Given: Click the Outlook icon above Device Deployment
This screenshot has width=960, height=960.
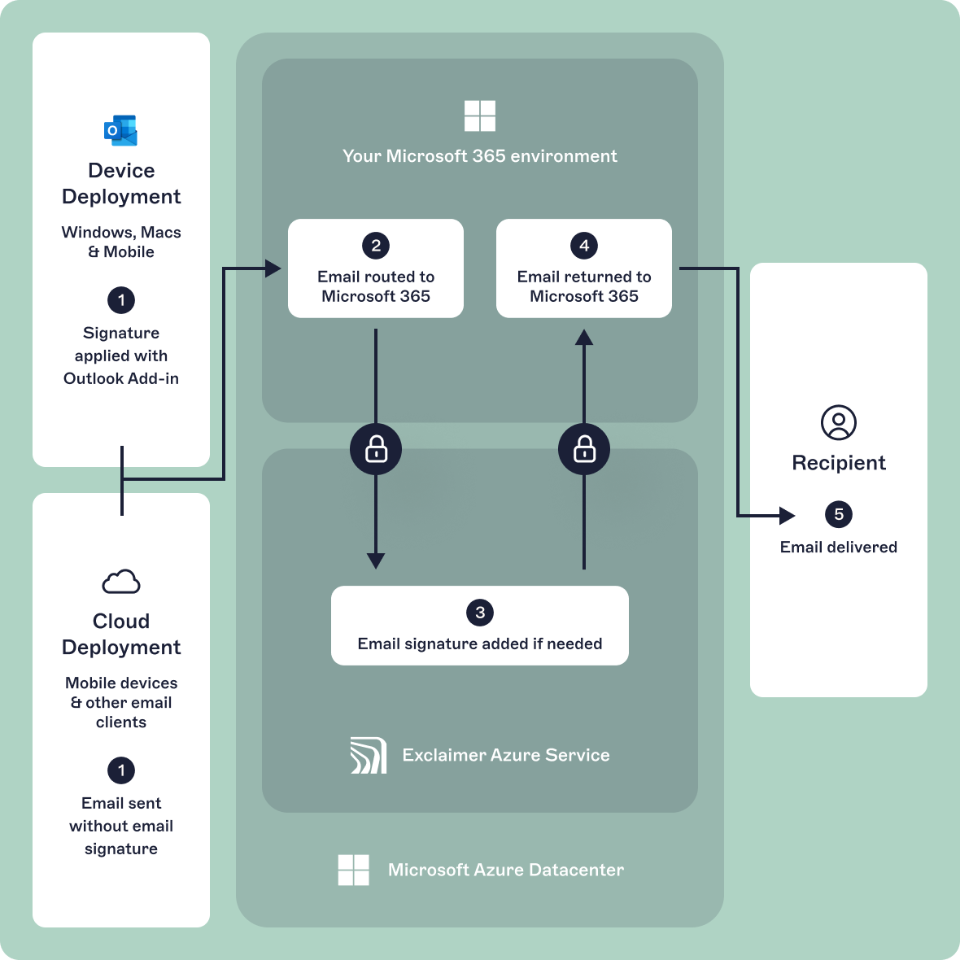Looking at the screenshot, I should (x=120, y=130).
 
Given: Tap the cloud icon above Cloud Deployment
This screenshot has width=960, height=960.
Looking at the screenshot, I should (x=121, y=582).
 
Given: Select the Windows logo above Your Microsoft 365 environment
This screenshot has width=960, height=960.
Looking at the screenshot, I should (x=480, y=116).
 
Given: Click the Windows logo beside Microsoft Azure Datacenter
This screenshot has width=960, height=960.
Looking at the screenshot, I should (x=354, y=870).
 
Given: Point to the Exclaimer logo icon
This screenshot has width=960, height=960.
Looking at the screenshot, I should (x=369, y=755).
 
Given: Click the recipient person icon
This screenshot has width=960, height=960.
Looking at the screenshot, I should (x=838, y=423).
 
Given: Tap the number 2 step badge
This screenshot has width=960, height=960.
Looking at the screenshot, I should (x=376, y=246).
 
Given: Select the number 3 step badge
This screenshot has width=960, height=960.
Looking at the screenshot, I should (x=480, y=613).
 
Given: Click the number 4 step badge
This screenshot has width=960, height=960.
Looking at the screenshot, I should (x=584, y=246).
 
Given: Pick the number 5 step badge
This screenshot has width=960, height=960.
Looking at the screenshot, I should (x=839, y=514).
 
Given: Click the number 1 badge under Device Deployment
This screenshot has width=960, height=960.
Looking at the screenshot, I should (x=121, y=300).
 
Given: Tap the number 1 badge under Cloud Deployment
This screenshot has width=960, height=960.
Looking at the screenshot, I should (x=121, y=770).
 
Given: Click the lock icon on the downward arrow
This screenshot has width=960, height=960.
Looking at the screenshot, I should (x=376, y=449).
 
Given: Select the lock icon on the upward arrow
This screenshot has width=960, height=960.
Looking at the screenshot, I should (x=584, y=449).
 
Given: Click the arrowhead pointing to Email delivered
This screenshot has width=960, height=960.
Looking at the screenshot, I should (x=787, y=515).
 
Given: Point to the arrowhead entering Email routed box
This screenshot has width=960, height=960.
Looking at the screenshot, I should (x=273, y=268).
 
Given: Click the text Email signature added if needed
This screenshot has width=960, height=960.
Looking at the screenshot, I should (x=480, y=644).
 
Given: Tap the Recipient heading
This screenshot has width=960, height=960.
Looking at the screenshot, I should (x=838, y=463).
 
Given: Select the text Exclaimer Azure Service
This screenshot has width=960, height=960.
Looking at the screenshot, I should (x=505, y=755).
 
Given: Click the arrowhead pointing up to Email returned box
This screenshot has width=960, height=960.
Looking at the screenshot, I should (x=584, y=337).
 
